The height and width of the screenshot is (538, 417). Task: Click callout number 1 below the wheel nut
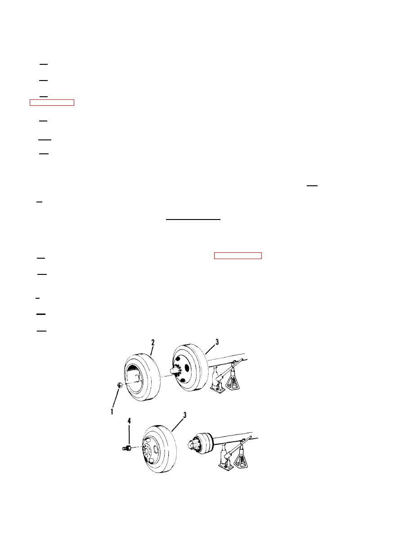[x=112, y=411]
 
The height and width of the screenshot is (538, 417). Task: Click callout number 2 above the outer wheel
[x=153, y=342]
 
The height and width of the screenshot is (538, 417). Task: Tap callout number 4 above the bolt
[x=129, y=421]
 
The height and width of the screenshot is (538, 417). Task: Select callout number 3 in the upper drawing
[x=217, y=342]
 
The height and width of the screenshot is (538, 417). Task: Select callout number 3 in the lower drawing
[x=184, y=415]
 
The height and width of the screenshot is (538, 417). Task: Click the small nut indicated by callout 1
[x=120, y=385]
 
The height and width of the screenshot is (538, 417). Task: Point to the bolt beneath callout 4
[x=127, y=448]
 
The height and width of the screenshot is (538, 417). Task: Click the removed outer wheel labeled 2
[x=141, y=377]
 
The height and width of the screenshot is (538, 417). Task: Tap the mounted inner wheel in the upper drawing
[x=190, y=368]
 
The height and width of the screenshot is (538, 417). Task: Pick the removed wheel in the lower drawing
[x=159, y=449]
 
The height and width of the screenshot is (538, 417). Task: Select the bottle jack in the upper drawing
[x=217, y=380]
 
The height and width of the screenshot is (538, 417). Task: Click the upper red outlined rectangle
[x=52, y=102]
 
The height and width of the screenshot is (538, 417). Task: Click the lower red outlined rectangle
[x=238, y=256]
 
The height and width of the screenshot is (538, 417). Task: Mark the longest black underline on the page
[x=193, y=219]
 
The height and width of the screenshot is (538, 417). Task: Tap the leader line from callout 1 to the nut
[x=116, y=398]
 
